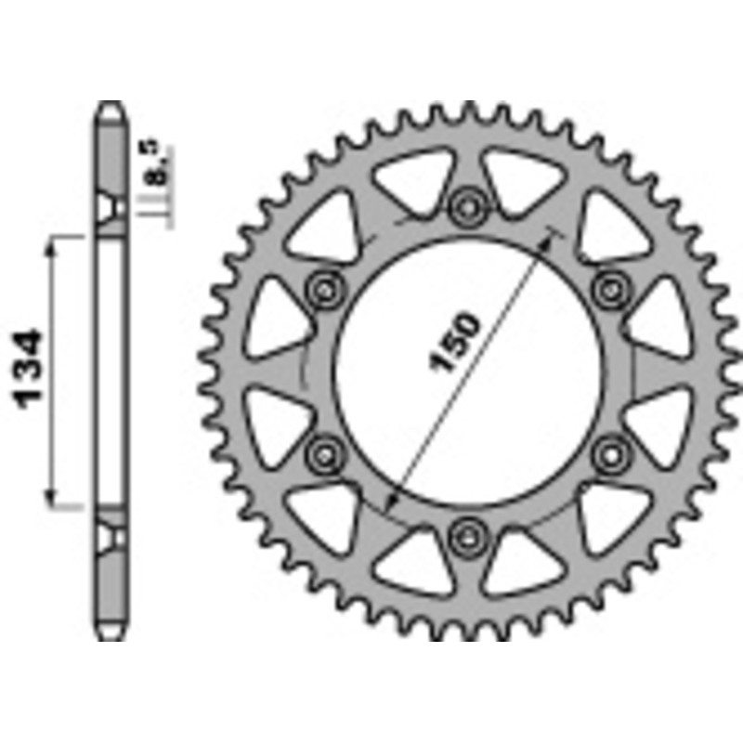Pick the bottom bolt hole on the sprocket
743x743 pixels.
(x=464, y=534)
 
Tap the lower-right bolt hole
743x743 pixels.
(x=608, y=452)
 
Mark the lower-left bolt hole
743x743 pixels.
(x=324, y=452)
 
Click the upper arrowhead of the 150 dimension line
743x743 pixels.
(x=554, y=234)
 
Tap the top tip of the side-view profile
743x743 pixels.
(x=110, y=105)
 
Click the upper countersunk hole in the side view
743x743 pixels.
(x=111, y=206)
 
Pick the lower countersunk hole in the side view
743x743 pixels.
(x=111, y=536)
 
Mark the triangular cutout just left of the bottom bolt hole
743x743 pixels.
(x=414, y=561)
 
